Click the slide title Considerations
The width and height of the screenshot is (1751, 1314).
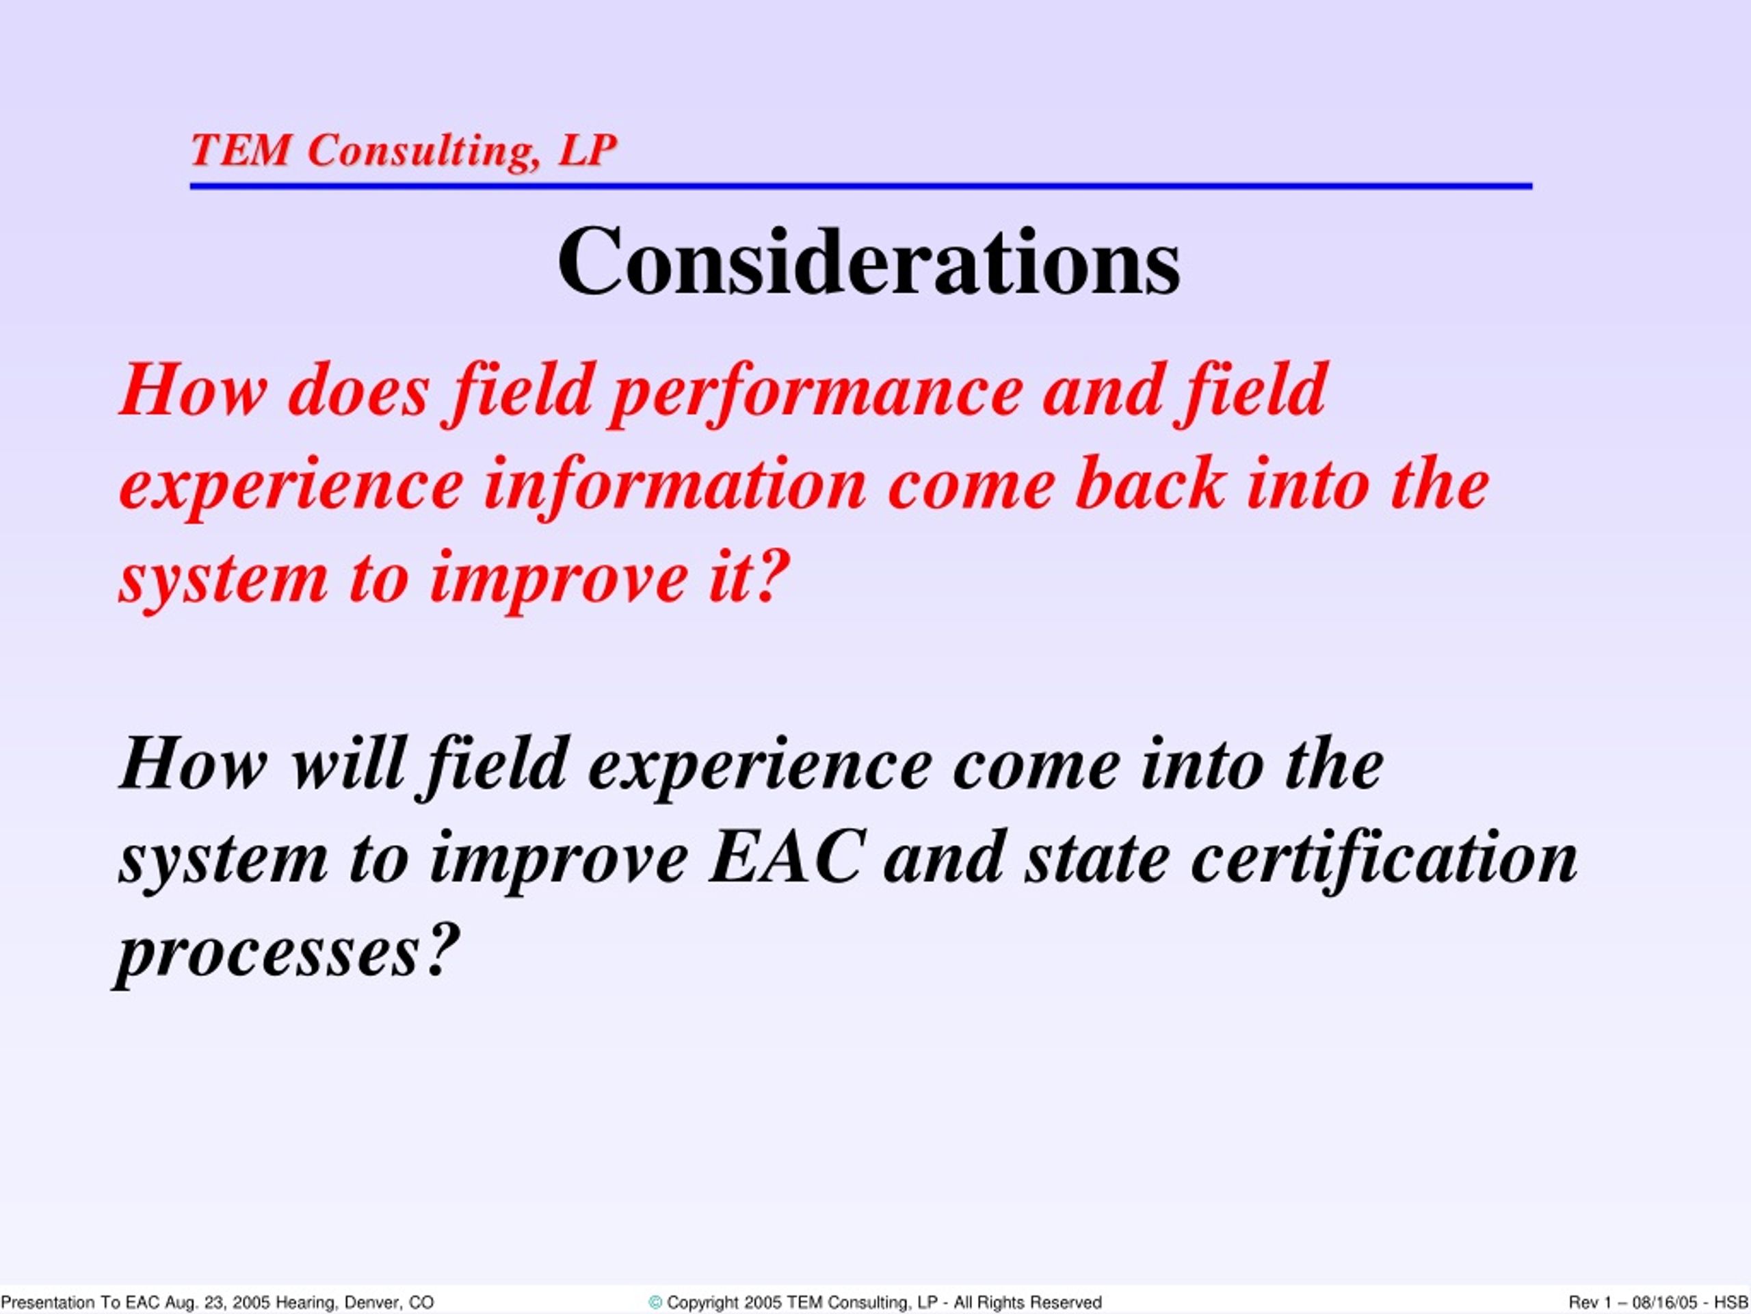[x=869, y=261]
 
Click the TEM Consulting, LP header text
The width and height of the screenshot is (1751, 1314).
[x=404, y=150]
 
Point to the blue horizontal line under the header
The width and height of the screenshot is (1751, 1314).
[x=861, y=186]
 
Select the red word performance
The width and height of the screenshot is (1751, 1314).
[x=815, y=393]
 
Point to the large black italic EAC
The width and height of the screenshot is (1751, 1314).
[x=785, y=857]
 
